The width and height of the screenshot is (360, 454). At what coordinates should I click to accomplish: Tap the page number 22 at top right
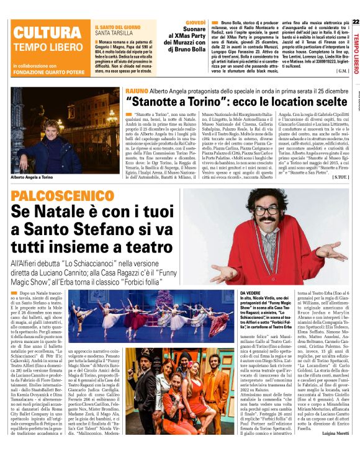pos(355,22)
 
